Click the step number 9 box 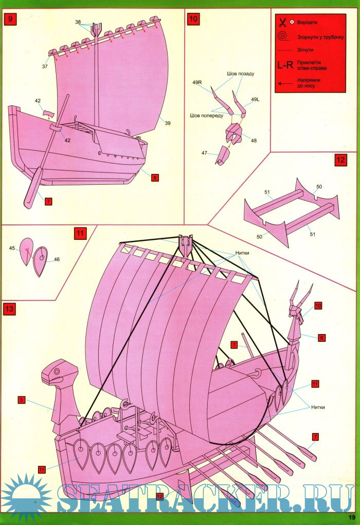click(10, 19)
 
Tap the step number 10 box click(193, 19)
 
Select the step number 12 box click(340, 160)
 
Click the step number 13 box click(9, 308)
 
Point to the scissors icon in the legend click(282, 23)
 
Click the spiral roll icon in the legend click(283, 36)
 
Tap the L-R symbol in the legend click(285, 65)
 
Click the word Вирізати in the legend click(307, 23)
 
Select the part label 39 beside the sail click(168, 123)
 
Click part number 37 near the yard click(45, 66)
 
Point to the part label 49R click(197, 82)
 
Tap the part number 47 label click(204, 153)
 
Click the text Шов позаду click(241, 74)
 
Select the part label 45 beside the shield click(12, 248)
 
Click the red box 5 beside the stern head click(22, 399)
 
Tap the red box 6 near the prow click(321, 338)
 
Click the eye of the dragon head click(57, 371)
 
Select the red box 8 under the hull click(155, 178)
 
